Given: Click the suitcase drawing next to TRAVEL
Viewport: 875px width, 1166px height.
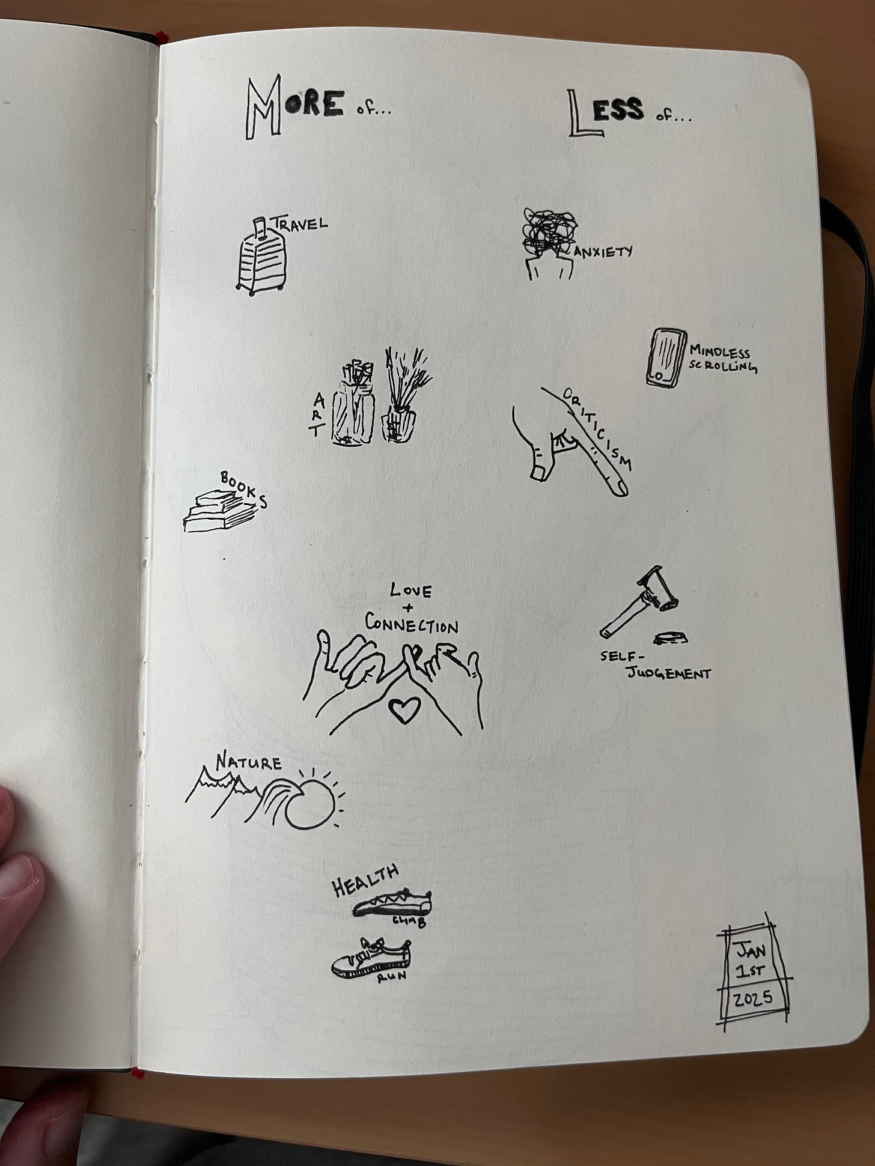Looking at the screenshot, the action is click(x=261, y=257).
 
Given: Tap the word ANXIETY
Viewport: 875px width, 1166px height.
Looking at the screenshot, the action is click(x=603, y=251).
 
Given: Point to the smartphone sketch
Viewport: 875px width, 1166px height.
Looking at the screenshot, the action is click(x=666, y=357).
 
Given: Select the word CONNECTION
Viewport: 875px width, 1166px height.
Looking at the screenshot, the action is click(x=412, y=625).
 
